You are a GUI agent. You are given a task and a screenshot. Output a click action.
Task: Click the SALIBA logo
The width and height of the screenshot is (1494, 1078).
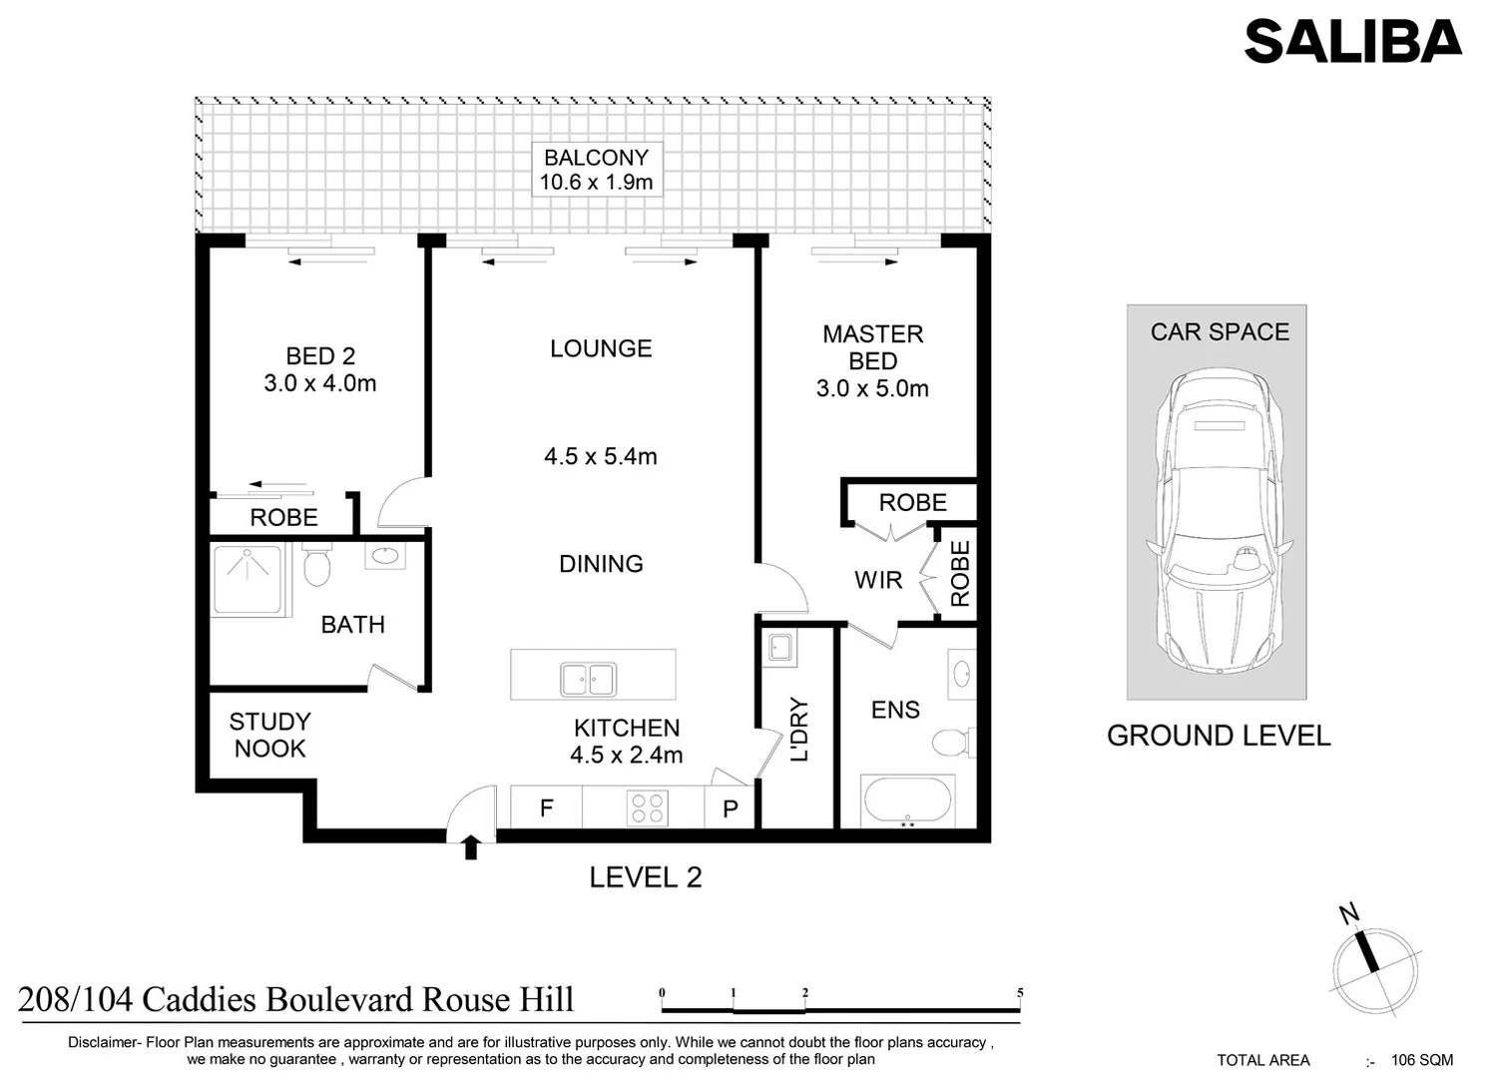(1352, 42)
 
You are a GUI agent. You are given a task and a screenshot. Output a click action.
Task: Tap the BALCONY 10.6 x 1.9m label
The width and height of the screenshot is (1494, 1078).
(596, 170)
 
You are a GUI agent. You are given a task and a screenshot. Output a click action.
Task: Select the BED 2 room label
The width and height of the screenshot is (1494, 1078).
(319, 356)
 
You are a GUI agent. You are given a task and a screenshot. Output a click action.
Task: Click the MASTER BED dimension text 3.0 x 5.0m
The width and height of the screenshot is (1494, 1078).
(872, 389)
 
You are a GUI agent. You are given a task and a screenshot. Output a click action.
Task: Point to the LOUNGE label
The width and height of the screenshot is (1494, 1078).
(601, 348)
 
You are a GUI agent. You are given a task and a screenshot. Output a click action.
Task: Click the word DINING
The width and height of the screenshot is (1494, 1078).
(601, 564)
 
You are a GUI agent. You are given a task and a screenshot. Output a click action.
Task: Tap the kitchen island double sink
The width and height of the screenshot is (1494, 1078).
(587, 679)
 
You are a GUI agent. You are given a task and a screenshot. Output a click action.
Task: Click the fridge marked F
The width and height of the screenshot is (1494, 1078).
(546, 808)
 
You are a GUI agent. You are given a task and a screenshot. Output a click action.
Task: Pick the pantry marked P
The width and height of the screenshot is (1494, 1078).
(731, 808)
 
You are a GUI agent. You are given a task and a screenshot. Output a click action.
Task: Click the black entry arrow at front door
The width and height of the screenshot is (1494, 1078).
(471, 847)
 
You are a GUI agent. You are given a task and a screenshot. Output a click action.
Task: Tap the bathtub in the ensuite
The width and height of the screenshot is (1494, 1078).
(908, 802)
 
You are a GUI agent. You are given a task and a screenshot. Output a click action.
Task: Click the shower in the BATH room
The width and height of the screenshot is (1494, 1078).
(247, 579)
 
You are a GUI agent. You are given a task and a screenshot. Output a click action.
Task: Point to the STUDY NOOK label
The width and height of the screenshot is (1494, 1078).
(269, 735)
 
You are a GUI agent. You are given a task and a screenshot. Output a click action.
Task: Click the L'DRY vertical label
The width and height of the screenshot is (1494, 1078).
(798, 729)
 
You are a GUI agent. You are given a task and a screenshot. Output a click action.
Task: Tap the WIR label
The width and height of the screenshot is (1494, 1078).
(878, 580)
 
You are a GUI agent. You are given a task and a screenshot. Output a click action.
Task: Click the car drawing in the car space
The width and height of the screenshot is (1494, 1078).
(1218, 519)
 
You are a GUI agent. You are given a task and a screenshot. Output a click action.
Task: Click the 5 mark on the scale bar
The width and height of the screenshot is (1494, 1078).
(1019, 993)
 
